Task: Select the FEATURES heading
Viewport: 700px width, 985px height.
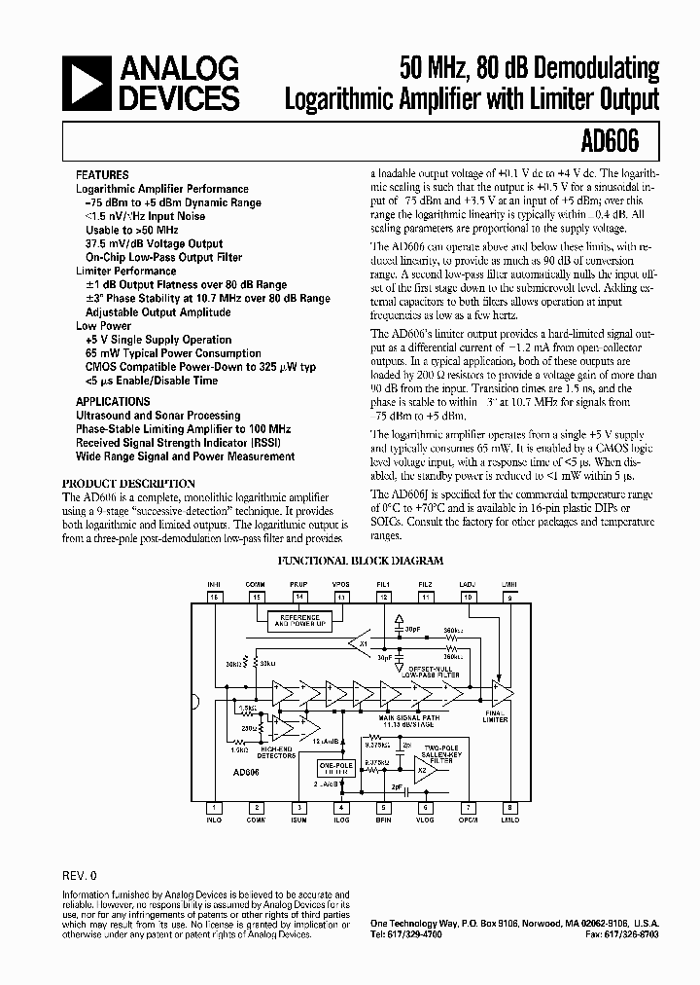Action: [x=102, y=175]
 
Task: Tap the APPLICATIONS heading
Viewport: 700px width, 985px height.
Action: [x=113, y=401]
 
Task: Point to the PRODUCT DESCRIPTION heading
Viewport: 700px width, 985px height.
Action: [x=128, y=484]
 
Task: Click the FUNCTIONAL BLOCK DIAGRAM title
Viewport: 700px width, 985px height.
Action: [x=361, y=561]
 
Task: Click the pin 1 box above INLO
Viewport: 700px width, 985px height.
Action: [x=214, y=807]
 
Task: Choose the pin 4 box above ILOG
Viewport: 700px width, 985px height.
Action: [x=340, y=807]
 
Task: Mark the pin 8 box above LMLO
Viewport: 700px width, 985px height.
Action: [x=509, y=807]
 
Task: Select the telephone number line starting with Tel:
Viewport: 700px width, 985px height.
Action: [x=401, y=933]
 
